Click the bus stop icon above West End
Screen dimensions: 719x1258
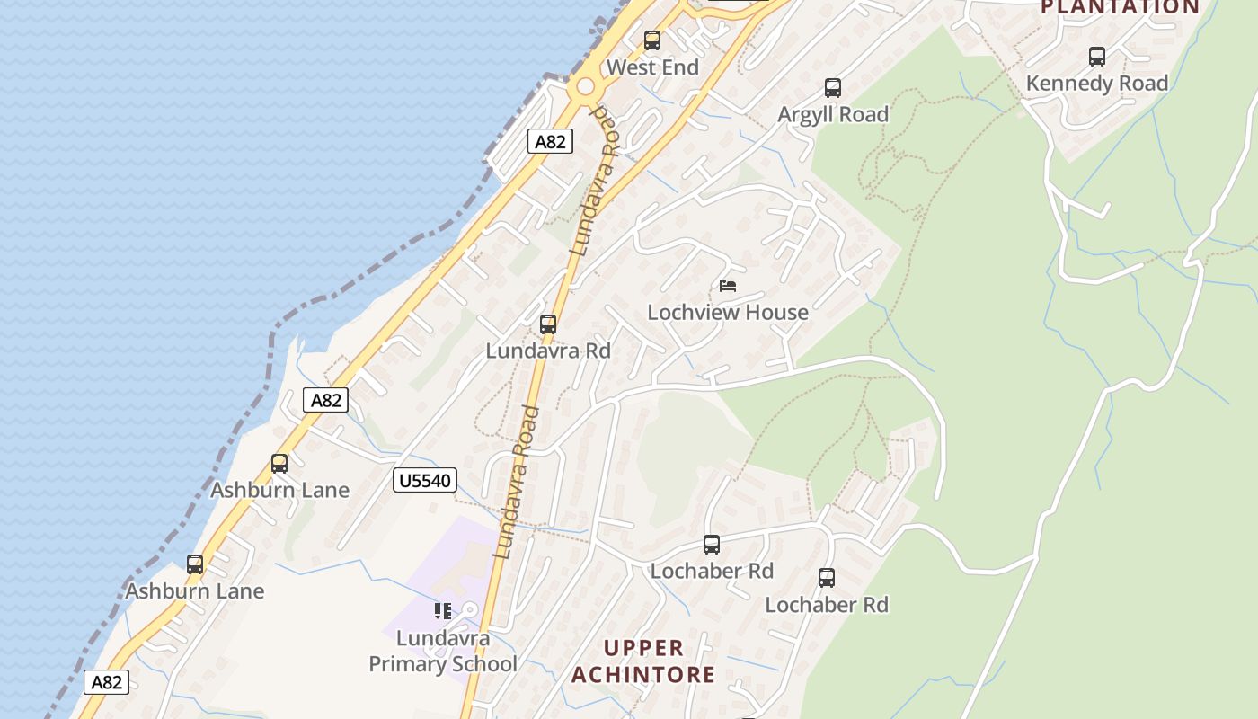(652, 40)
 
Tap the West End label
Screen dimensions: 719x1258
(652, 67)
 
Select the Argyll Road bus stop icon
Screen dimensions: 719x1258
(833, 88)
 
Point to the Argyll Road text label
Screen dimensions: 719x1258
(833, 115)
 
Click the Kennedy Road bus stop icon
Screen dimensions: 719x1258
(1097, 57)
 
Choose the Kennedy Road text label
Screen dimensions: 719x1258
(1097, 84)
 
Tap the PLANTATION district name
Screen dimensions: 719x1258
(1120, 7)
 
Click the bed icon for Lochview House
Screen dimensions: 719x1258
(728, 286)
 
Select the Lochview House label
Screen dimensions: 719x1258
(728, 313)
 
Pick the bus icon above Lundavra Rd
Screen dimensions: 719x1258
(548, 324)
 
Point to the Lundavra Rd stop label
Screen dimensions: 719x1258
(548, 351)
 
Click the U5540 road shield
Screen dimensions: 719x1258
(424, 481)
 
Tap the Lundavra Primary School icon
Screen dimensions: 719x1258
(443, 611)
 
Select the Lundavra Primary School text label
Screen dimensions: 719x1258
(443, 652)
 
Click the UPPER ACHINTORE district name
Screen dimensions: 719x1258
(643, 661)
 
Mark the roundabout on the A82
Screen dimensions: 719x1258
(586, 87)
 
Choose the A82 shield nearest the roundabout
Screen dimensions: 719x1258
(550, 141)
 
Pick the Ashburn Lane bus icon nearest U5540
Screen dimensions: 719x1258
(279, 464)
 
